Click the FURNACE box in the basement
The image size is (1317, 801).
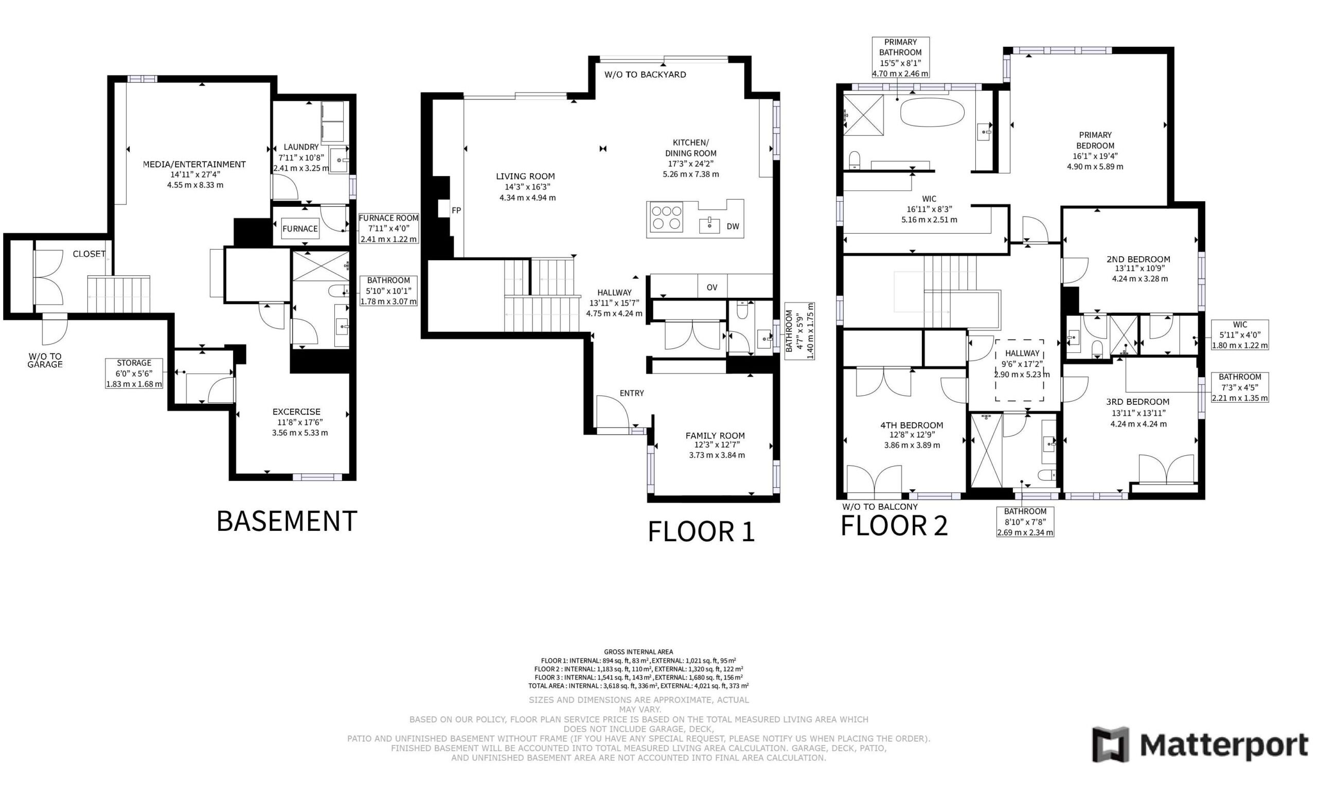(300, 229)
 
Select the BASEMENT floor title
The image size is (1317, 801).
(287, 521)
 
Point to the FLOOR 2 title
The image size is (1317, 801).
(894, 526)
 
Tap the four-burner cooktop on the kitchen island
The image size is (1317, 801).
(666, 218)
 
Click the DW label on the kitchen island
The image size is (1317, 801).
(733, 226)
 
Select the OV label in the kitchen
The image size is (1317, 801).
(712, 288)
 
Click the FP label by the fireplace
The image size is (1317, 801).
(456, 210)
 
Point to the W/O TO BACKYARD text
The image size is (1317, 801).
(645, 75)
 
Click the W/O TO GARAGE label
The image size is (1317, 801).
(45, 360)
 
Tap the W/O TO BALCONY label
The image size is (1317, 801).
(880, 507)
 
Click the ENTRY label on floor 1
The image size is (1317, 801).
(632, 393)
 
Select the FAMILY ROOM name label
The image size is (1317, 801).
(715, 436)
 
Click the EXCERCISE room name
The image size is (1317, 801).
(297, 412)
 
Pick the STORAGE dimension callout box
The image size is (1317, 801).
(134, 373)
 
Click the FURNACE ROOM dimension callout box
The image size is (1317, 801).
(388, 228)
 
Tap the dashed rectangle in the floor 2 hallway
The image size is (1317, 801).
(1019, 370)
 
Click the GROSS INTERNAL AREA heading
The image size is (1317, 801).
(638, 651)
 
